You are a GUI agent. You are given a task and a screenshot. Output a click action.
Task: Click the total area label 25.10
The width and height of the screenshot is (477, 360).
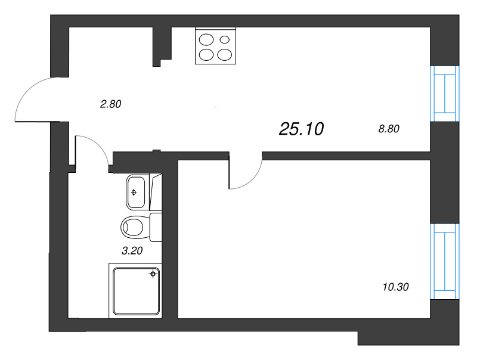(301, 128)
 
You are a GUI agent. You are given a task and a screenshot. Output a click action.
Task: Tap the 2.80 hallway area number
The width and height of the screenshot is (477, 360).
(111, 104)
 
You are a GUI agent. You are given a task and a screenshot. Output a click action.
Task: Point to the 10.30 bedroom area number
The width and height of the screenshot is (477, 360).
(395, 287)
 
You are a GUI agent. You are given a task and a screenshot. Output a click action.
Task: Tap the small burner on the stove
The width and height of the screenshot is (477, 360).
(225, 41)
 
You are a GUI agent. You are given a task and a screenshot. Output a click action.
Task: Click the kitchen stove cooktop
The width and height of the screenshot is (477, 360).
(215, 46)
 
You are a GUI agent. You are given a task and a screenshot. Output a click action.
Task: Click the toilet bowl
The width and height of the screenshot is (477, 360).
(134, 226)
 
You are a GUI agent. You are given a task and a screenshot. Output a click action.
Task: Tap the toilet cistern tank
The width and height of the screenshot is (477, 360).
(156, 226)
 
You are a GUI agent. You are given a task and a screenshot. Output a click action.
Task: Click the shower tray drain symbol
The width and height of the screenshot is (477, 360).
(153, 274)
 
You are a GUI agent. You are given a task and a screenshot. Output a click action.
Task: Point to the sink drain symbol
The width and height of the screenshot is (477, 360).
(134, 193)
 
